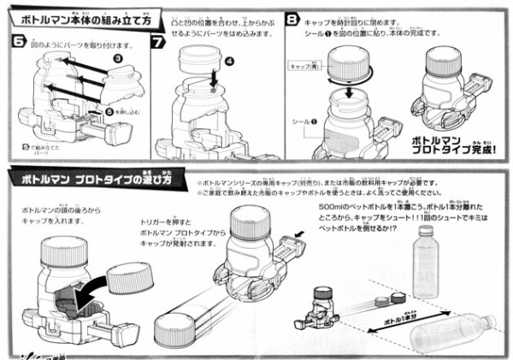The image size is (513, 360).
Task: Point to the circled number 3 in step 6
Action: click(117, 56)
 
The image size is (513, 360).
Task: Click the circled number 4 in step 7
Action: click(228, 62)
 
